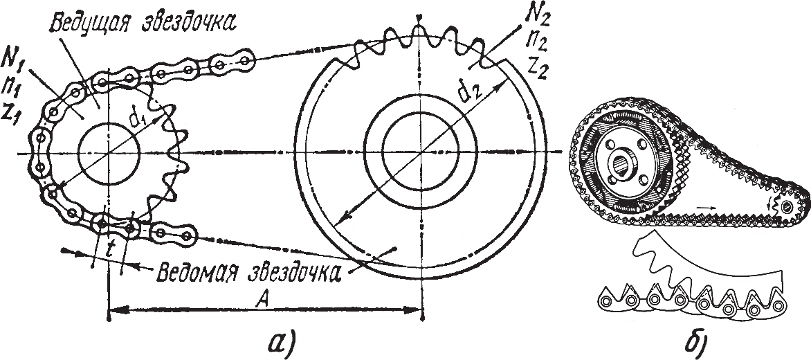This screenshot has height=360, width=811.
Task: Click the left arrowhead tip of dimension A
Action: (x=109, y=311)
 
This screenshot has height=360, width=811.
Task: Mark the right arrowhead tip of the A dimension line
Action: (x=423, y=311)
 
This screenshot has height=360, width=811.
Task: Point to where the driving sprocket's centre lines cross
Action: (x=109, y=154)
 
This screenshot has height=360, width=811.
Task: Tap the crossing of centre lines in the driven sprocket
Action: (x=421, y=152)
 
